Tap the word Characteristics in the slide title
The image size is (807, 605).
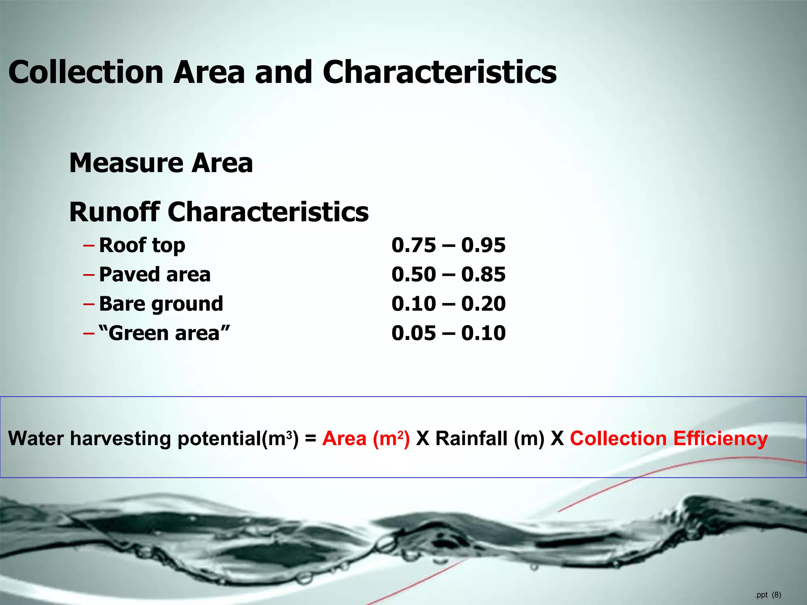click(439, 72)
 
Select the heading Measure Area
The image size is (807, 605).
click(161, 163)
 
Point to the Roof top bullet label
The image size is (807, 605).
click(142, 245)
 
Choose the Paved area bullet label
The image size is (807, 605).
click(154, 275)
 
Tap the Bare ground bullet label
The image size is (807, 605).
click(161, 304)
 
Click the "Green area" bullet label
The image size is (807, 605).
click(164, 333)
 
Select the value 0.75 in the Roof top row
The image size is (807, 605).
click(414, 245)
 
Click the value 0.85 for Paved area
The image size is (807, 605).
click(483, 275)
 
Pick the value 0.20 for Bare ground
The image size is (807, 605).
click(483, 304)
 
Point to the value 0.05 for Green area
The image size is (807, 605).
click(414, 333)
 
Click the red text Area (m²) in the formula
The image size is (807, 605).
click(366, 438)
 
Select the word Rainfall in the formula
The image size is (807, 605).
click(471, 438)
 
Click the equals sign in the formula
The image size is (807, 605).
click(311, 439)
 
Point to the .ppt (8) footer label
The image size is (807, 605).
click(768, 595)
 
